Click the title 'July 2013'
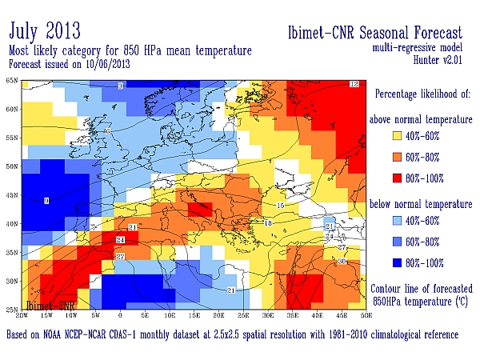pos(45,31)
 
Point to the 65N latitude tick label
pos(12,81)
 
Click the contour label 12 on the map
pos(354,84)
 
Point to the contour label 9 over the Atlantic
pos(46,200)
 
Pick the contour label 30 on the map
pos(342,261)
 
